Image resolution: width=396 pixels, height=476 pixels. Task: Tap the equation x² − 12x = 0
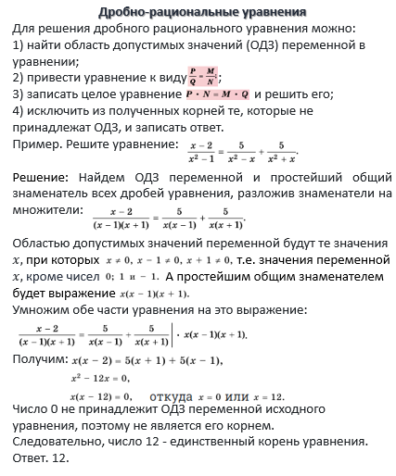pyautogui.click(x=100, y=377)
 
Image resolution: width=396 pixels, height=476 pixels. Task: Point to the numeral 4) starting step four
pyautogui.click(x=20, y=111)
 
